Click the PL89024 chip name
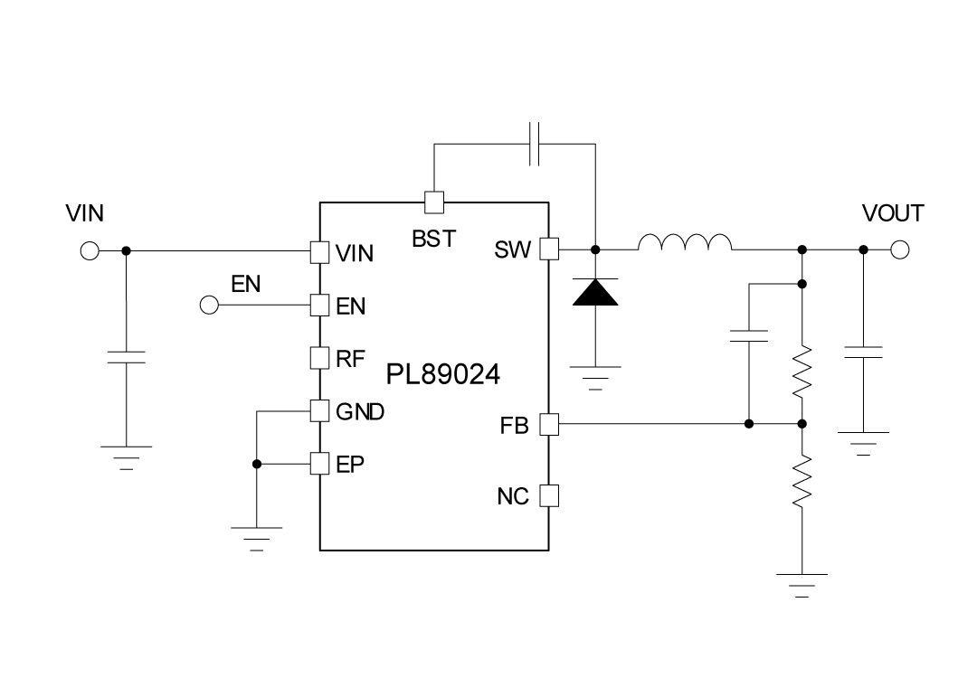tap(443, 374)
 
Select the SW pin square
tap(549, 249)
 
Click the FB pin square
tap(549, 424)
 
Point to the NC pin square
tap(549, 495)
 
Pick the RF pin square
tap(319, 358)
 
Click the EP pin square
tap(319, 464)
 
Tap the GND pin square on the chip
tap(319, 411)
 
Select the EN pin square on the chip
tap(319, 306)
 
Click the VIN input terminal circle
tap(90, 250)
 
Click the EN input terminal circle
tap(209, 306)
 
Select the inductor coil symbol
tap(685, 242)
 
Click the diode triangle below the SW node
tap(595, 292)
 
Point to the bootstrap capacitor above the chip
tap(534, 143)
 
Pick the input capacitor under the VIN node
tap(126, 355)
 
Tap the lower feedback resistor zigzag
tap(802, 481)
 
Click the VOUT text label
tap(893, 213)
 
